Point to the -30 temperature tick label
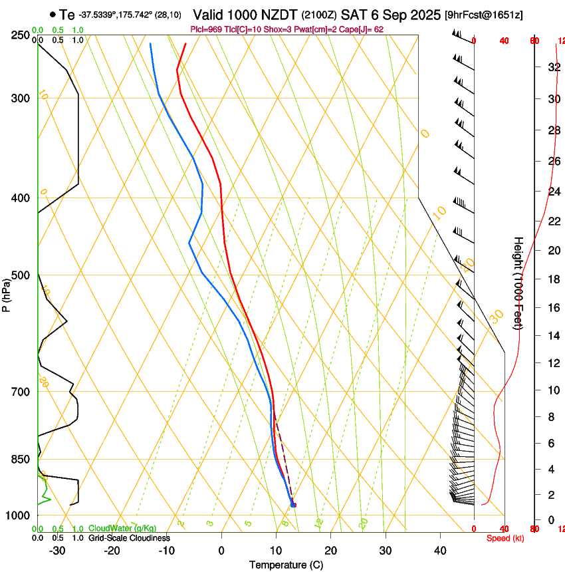[x=57, y=550]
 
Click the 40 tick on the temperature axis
[x=440, y=550]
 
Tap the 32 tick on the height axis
[x=552, y=67]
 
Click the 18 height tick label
[x=552, y=279]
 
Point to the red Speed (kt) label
[x=505, y=538]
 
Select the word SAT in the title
[x=354, y=14]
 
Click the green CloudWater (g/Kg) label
[x=122, y=529]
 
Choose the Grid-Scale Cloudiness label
[x=129, y=538]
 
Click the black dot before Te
[x=53, y=14]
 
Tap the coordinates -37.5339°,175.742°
[x=114, y=14]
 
